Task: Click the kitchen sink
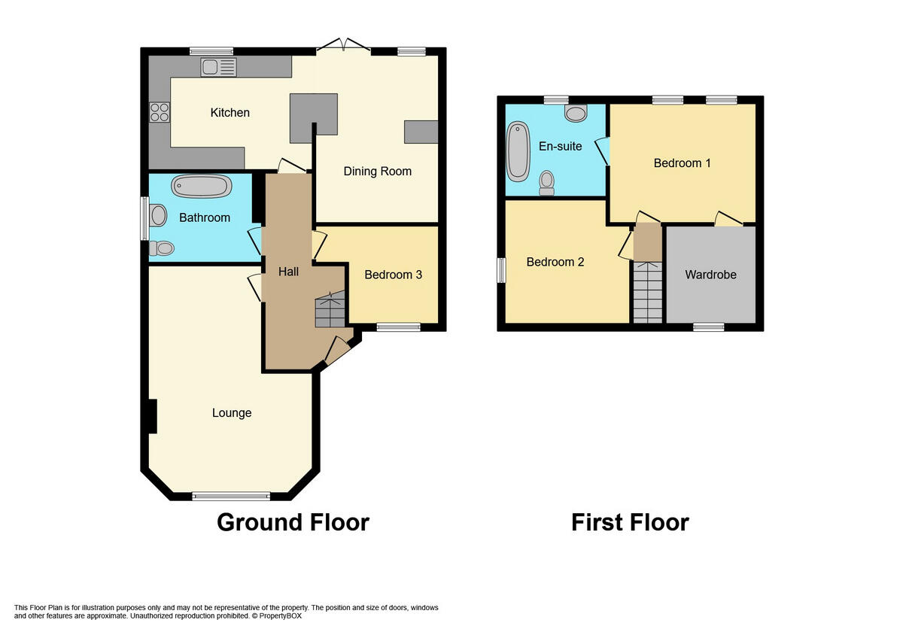point(218,67)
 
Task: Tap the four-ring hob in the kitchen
point(160,112)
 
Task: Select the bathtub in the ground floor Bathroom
point(202,186)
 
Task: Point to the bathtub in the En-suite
point(518,152)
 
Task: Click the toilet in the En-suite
point(547,183)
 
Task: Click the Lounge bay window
point(231,495)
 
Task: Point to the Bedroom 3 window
point(398,327)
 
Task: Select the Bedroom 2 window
point(501,271)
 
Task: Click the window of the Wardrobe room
point(708,327)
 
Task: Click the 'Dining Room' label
point(377,171)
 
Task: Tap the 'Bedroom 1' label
point(682,163)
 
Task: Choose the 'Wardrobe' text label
point(710,275)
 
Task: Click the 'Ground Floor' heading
point(293,522)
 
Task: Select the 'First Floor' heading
point(630,522)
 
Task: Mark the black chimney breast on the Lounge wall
point(152,416)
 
